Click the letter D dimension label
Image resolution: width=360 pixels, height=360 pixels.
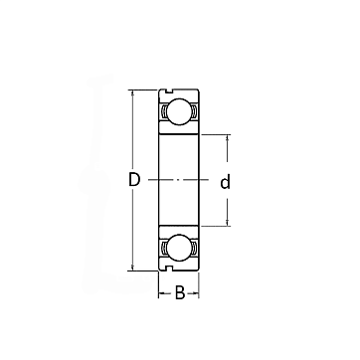(x=134, y=179)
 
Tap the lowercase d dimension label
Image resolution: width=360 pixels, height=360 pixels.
(x=225, y=182)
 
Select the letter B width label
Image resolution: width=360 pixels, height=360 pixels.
(x=180, y=292)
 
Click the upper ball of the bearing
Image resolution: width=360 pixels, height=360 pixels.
(x=179, y=111)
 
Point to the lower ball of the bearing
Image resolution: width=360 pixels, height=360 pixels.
(x=179, y=248)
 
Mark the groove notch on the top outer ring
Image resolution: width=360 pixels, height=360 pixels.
(x=169, y=91)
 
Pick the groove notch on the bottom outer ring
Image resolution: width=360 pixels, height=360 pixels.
(x=169, y=269)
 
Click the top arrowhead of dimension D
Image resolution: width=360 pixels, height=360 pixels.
(x=133, y=93)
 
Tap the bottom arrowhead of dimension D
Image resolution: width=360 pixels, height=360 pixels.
(x=133, y=268)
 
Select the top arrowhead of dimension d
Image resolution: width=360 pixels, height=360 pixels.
(x=228, y=138)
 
